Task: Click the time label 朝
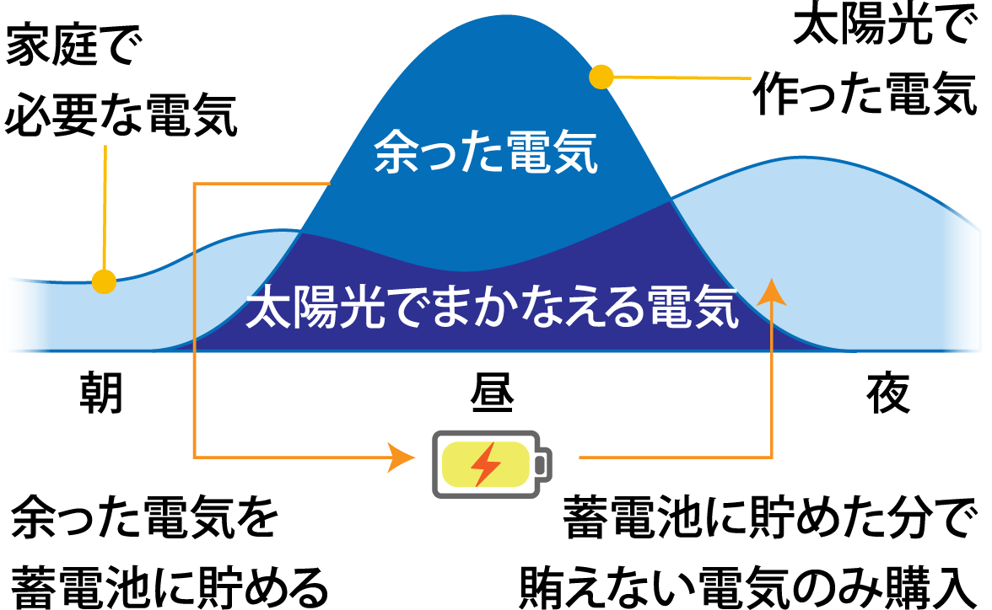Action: pos(101,393)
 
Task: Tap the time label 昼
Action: pos(493,393)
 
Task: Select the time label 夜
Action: pos(888,393)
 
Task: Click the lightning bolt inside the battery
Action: pos(486,464)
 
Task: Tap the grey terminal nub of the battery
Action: pos(544,465)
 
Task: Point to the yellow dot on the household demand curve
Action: pos(104,281)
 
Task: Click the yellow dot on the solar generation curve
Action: pos(601,78)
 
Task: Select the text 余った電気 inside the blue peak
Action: pos(486,152)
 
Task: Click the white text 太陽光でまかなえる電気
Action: pos(493,308)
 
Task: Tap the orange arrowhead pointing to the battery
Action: pos(402,457)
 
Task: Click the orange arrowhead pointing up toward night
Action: pos(771,292)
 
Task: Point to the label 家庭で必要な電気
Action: pos(120,80)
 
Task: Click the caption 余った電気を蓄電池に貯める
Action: pos(170,552)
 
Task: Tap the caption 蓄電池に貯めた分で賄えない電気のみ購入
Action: pos(747,552)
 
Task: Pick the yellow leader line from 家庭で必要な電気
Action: pos(105,209)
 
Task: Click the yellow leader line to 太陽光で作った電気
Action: pos(682,78)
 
